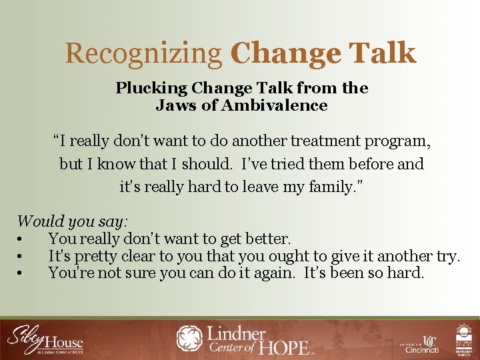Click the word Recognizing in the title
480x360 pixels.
click(x=143, y=53)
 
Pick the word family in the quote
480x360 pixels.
click(x=327, y=187)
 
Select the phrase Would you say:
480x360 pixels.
click(x=73, y=221)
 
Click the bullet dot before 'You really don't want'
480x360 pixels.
click(x=21, y=239)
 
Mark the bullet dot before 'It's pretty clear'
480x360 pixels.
click(x=21, y=256)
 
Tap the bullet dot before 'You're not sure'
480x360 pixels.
click(x=21, y=273)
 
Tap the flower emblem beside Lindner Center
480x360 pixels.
click(x=190, y=338)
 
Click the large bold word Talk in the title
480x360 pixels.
click(x=382, y=53)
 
